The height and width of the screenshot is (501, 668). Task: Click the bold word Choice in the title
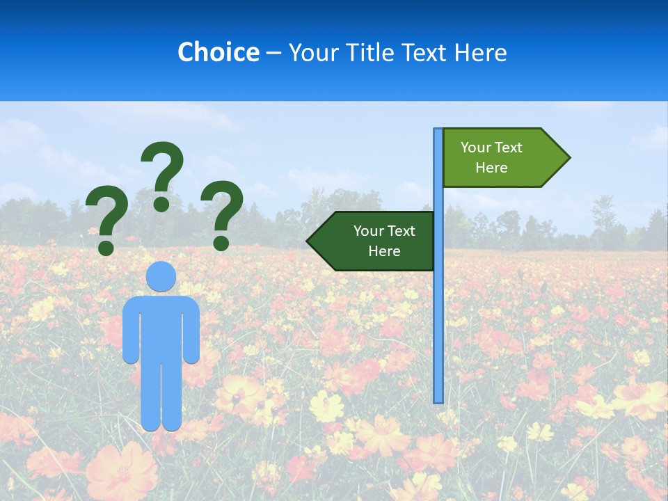click(x=218, y=52)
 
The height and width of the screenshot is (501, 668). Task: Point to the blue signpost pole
click(x=438, y=313)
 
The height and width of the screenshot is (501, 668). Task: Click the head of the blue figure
click(x=161, y=277)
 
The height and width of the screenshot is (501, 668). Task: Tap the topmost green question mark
click(x=162, y=174)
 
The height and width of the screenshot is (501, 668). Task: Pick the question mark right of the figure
click(x=223, y=212)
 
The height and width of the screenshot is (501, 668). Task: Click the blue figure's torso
click(x=161, y=327)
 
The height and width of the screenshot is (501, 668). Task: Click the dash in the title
click(x=273, y=53)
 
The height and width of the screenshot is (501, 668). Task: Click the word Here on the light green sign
click(x=491, y=168)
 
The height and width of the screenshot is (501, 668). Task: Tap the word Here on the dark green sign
click(x=384, y=251)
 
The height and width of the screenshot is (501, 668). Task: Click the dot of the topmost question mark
click(x=161, y=203)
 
